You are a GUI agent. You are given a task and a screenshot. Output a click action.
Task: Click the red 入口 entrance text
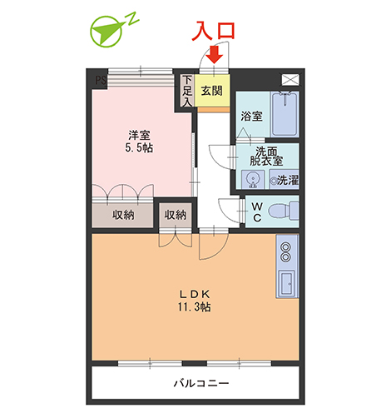click(x=214, y=30)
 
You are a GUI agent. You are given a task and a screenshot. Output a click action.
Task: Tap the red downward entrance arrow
click(x=215, y=54)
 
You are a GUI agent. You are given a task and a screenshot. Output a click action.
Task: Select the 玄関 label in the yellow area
click(x=212, y=91)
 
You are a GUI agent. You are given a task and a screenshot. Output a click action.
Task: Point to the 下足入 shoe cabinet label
click(x=187, y=91)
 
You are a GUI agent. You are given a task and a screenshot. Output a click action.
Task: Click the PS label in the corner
click(x=101, y=80)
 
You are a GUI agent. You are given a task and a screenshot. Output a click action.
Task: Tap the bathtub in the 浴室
click(x=285, y=114)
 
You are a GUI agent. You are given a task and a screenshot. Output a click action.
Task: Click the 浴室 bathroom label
click(x=251, y=116)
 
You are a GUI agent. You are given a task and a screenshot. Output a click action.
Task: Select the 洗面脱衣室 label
click(x=266, y=157)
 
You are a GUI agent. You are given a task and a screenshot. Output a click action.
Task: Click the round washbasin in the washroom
click(x=253, y=178)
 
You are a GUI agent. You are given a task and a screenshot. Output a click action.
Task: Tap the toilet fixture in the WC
click(x=284, y=211)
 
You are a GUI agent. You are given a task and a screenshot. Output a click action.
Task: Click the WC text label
click(x=257, y=211)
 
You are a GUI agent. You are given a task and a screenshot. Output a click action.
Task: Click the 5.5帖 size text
click(x=139, y=147)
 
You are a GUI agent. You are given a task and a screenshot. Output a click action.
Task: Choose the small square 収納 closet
click(x=176, y=215)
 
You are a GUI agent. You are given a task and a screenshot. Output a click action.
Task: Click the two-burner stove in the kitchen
click(x=286, y=251)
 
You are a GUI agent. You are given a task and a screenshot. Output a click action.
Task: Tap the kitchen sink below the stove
click(x=286, y=283)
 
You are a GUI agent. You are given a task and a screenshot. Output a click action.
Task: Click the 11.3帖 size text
click(x=194, y=306)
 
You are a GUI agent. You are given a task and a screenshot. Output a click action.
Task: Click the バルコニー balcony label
click(x=201, y=383)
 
